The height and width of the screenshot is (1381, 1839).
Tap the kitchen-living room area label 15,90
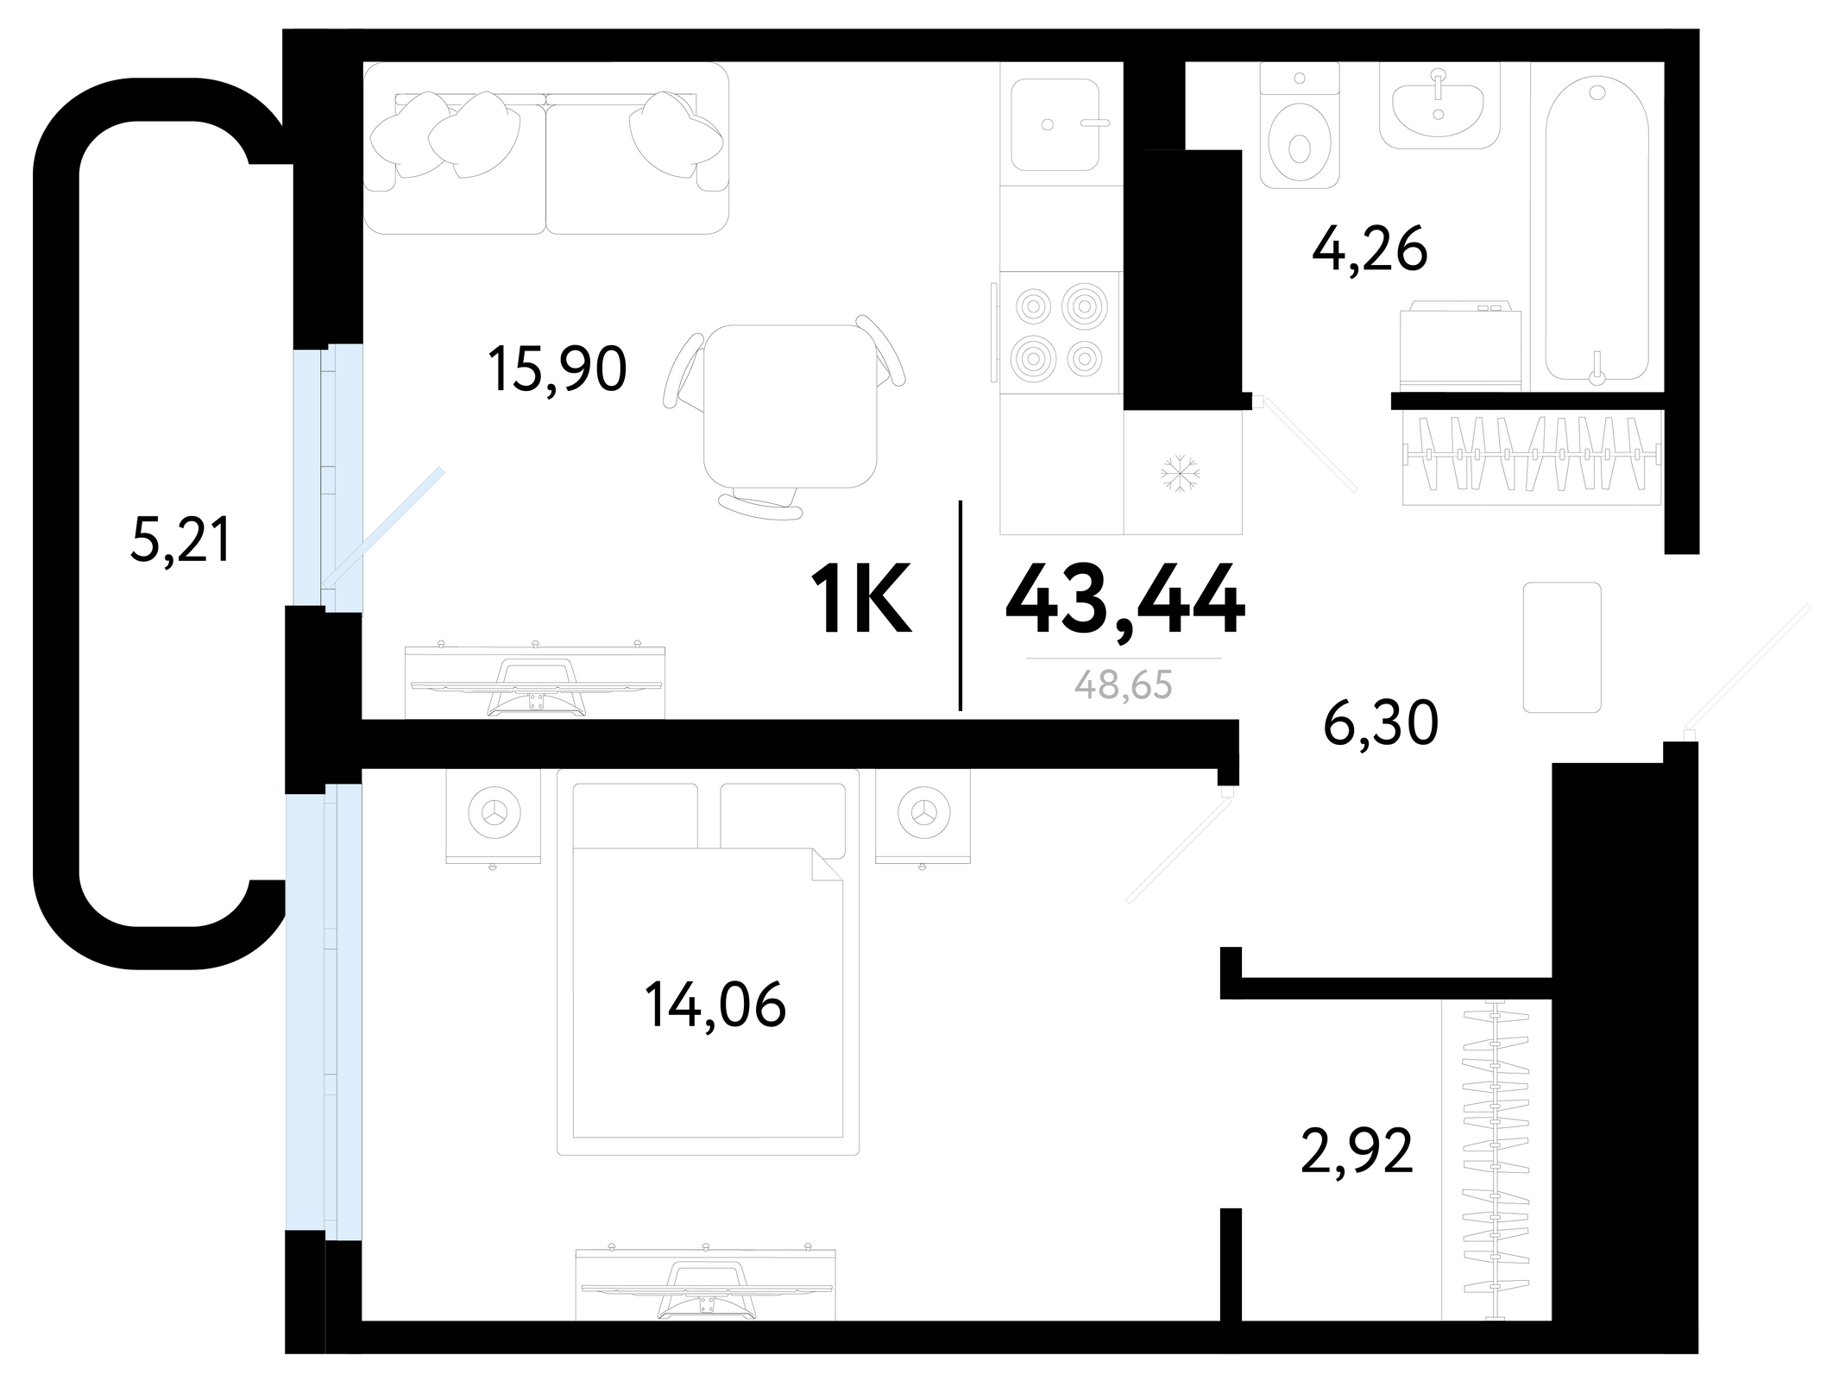tap(557, 369)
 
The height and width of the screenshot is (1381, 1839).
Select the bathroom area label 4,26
tap(1370, 249)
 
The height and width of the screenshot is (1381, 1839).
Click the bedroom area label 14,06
tap(715, 1006)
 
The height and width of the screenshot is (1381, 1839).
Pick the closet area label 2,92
tap(1357, 1151)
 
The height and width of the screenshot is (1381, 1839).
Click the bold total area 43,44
tap(1125, 599)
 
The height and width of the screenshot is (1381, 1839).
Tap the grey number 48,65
tap(1124, 685)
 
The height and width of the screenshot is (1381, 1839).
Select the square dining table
tap(790, 407)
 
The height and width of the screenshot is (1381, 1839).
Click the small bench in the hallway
tap(1562, 647)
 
